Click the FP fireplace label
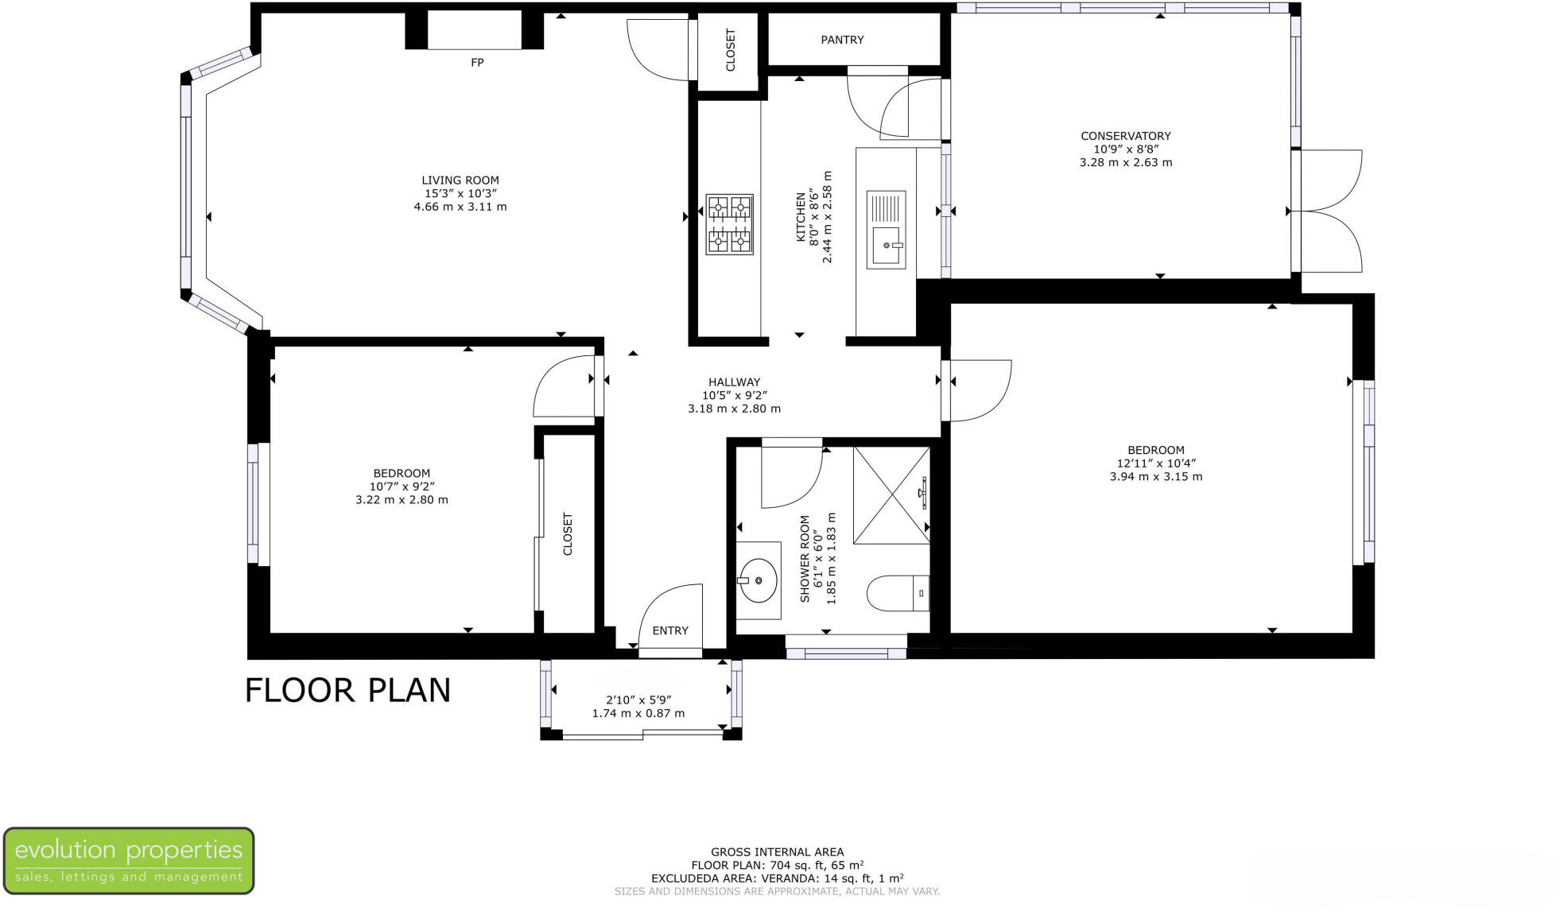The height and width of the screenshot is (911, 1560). click(x=476, y=63)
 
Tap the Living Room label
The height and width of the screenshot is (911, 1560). click(x=460, y=180)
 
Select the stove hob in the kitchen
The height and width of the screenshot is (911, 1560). click(x=728, y=224)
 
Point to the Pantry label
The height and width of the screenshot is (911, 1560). click(x=841, y=40)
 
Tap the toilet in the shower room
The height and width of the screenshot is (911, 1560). click(x=897, y=593)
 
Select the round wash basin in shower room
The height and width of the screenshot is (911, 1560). click(x=758, y=581)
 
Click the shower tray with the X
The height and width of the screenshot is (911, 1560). click(x=891, y=495)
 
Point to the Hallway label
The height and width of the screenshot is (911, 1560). click(x=734, y=382)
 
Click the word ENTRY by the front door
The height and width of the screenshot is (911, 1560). click(x=669, y=630)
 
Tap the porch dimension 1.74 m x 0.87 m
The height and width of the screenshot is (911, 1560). click(x=638, y=713)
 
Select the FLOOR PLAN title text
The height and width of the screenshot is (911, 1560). click(x=347, y=690)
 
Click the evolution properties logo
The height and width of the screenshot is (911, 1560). click(x=129, y=860)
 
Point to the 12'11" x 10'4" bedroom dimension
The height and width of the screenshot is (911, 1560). click(x=1155, y=463)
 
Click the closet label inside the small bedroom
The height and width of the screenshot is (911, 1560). click(x=568, y=533)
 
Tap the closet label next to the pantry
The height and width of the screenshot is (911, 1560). click(x=731, y=50)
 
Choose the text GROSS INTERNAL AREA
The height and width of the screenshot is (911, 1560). click(x=777, y=852)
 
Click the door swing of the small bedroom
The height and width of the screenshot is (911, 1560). click(x=563, y=387)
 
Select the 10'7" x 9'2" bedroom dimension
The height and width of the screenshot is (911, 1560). click(x=402, y=487)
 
